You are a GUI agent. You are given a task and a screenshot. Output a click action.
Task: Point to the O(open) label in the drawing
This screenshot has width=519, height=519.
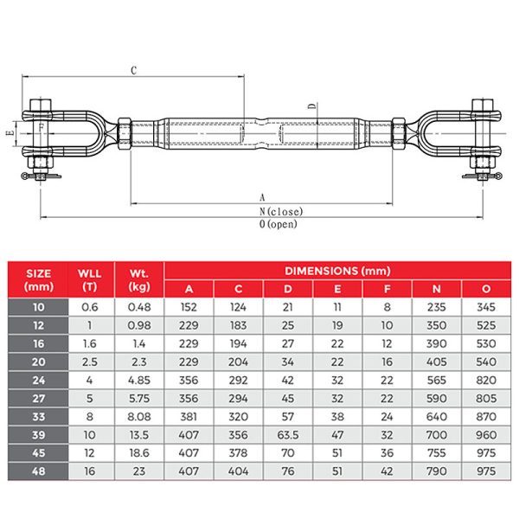pos(275,224)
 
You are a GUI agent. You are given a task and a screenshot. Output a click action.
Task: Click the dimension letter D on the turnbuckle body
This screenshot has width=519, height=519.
pos(311,107)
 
